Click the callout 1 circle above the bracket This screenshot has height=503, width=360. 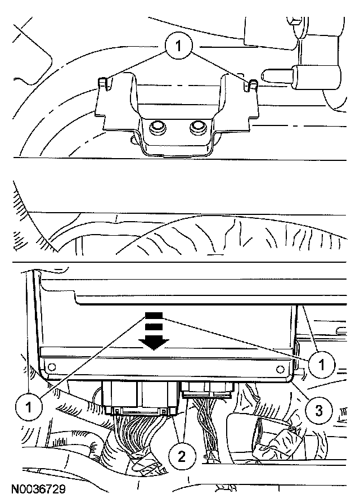click(x=178, y=46)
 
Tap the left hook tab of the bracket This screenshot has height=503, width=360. click(x=102, y=83)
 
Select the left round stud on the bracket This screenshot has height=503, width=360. click(x=157, y=127)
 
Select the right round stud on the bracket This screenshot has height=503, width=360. click(x=197, y=127)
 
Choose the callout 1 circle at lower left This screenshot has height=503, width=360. click(x=29, y=407)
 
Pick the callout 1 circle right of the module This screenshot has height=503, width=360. click(x=322, y=364)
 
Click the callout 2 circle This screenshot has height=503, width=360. click(x=182, y=456)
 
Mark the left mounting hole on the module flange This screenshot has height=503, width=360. click(x=52, y=366)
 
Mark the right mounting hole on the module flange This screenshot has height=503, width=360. click(x=280, y=369)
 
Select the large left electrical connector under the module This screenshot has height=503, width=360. click(x=139, y=398)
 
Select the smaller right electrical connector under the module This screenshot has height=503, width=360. click(x=207, y=390)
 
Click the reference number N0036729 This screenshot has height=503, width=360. click(x=38, y=489)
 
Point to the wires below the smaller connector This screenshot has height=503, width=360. click(x=208, y=417)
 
